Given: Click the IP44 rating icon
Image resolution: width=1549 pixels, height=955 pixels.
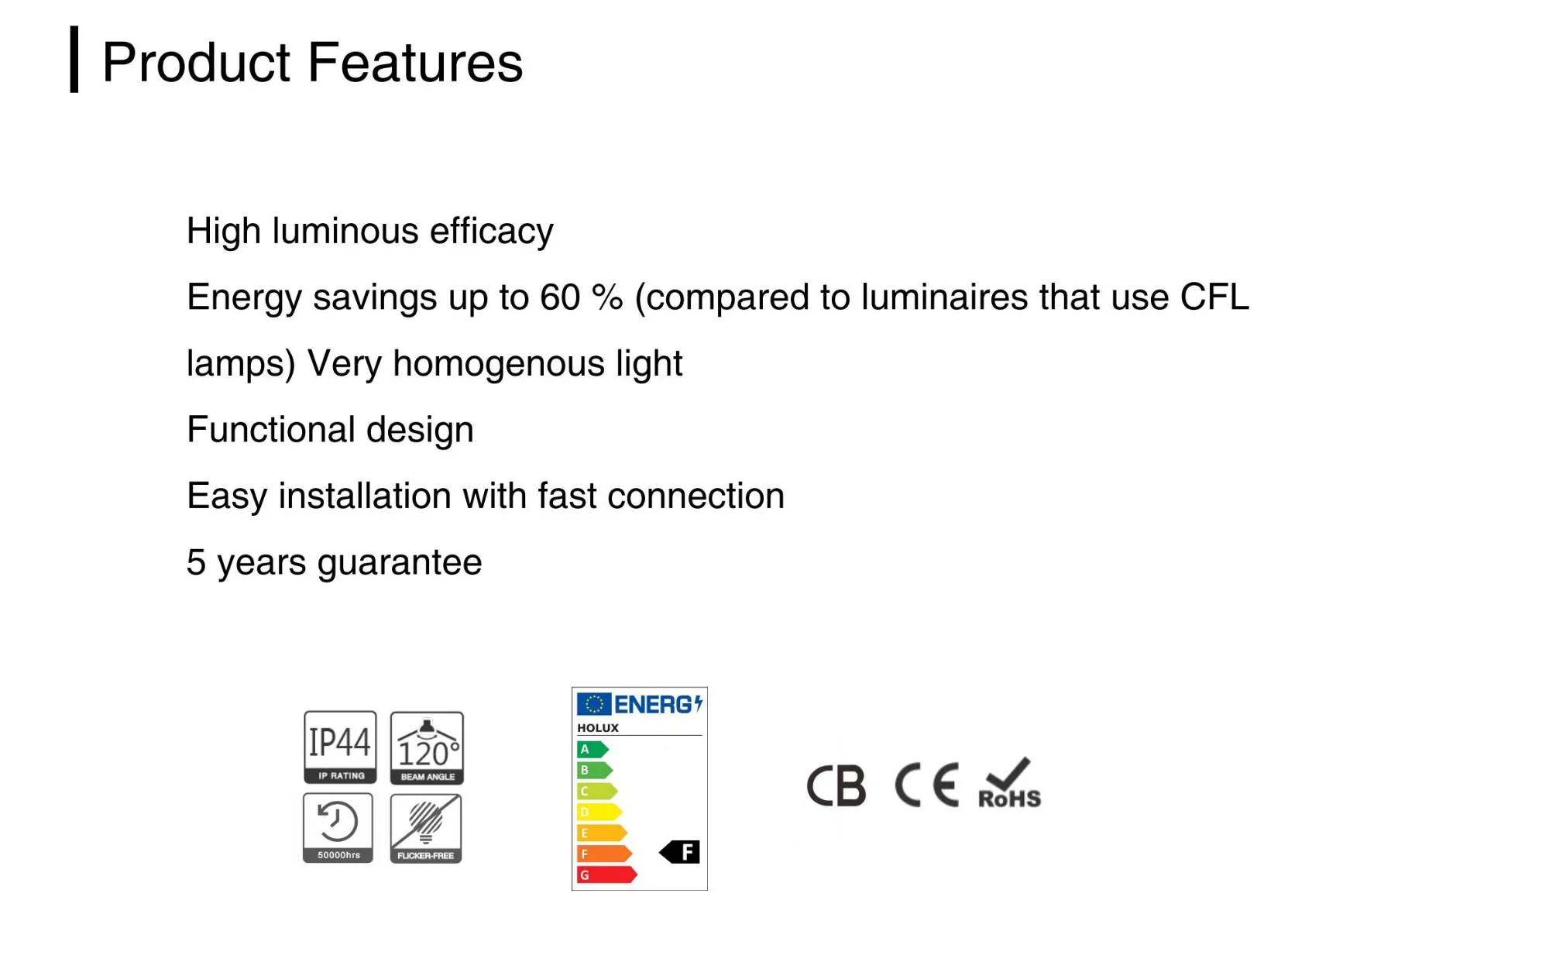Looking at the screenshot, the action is point(340,747).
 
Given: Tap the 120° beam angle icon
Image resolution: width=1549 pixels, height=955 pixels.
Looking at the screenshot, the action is point(427,748).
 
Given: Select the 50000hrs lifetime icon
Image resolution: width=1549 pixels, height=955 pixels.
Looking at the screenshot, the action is point(338,828).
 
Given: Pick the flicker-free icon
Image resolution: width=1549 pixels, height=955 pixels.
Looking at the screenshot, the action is point(426,829).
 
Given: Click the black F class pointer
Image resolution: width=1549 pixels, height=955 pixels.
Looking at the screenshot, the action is point(680,852).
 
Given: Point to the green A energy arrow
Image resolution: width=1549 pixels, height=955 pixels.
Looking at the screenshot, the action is point(592,749).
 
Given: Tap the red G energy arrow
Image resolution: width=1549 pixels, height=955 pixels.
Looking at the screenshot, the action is point(606,874).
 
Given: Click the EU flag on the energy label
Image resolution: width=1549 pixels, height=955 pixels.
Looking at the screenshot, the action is point(594,704).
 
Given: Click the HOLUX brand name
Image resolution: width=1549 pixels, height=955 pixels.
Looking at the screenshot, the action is point(598,728).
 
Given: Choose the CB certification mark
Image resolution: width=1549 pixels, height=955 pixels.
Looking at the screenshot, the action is point(836,786).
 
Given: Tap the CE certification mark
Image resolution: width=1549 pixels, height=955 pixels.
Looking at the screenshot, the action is point(927,785).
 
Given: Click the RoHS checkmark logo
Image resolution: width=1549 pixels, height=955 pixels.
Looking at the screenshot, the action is point(1010,783).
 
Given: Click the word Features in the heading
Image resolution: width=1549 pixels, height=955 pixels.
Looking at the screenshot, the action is point(415,62).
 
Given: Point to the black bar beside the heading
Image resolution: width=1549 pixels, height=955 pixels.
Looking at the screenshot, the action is point(74,60).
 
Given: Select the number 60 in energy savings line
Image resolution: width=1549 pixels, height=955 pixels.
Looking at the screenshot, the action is point(560,297).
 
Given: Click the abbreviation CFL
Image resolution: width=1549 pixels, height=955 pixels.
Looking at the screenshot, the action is point(1214,297).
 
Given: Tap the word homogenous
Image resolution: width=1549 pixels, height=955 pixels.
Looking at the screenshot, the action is point(499,364).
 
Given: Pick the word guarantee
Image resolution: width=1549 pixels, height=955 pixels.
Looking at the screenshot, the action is point(400,563).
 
